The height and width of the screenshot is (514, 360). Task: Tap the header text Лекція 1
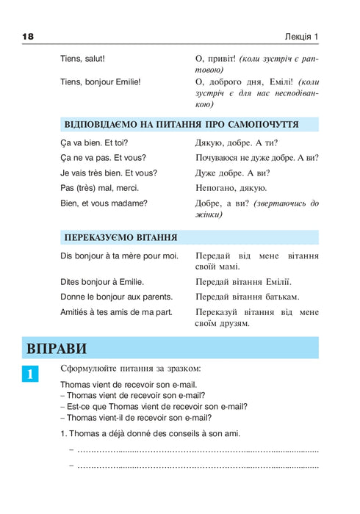(x=301, y=37)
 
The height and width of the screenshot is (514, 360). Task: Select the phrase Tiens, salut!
(x=82, y=58)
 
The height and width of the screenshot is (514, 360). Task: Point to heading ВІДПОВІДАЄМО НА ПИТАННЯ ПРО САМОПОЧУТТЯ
(x=181, y=125)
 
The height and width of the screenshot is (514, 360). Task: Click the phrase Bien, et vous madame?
(x=104, y=203)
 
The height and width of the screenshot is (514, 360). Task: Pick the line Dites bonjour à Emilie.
(x=102, y=281)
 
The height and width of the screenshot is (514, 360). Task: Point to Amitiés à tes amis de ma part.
(x=116, y=312)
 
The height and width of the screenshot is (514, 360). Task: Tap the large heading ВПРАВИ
(x=56, y=348)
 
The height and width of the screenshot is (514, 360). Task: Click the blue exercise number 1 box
(x=30, y=374)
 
